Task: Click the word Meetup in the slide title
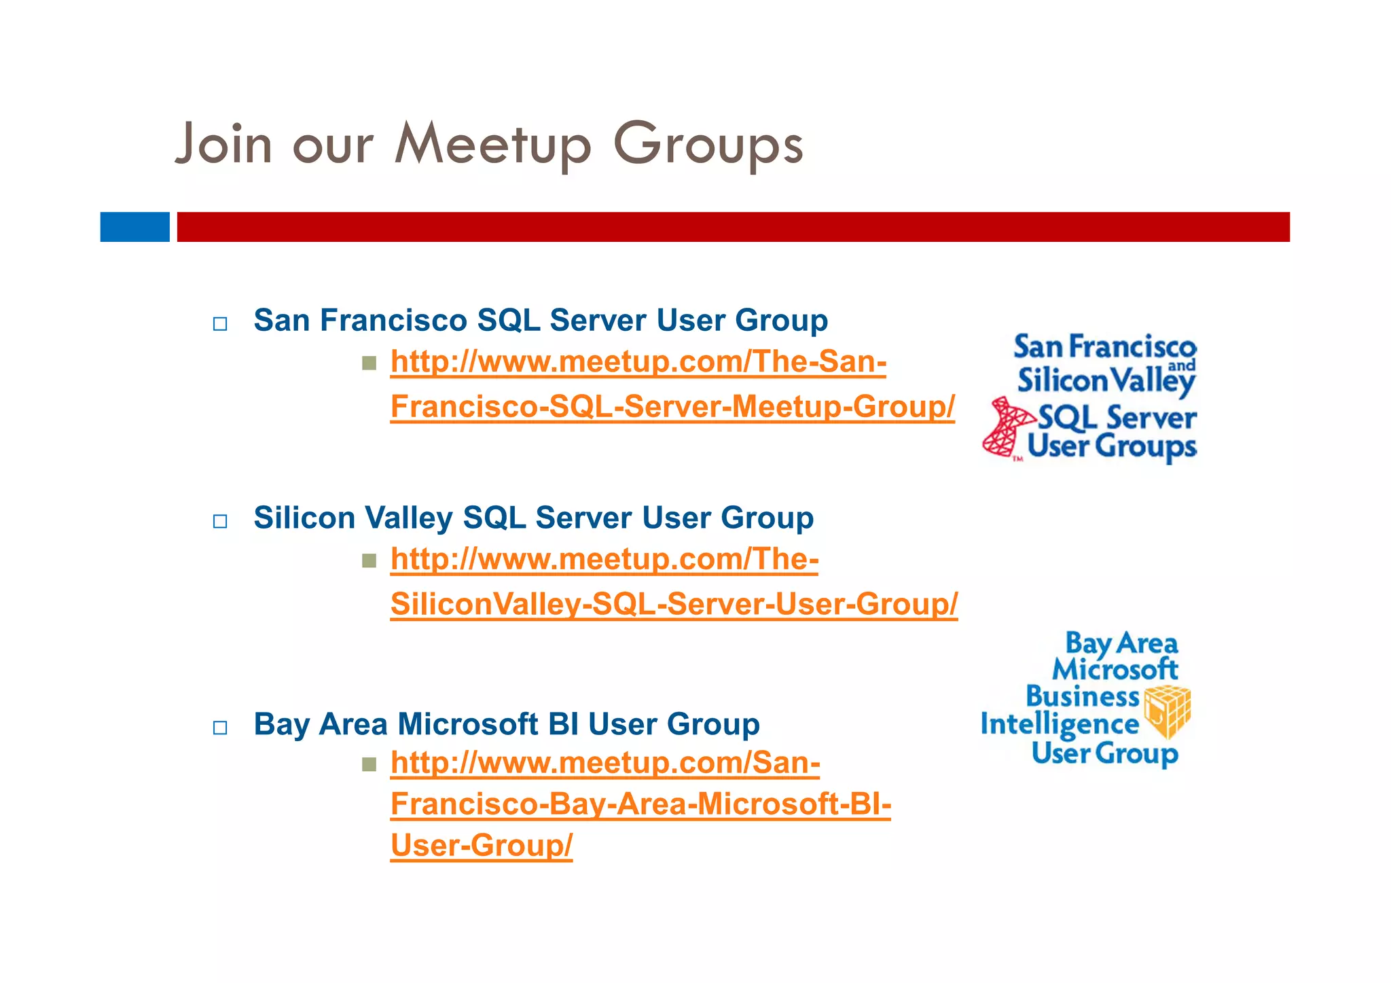click(492, 145)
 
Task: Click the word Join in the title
click(223, 145)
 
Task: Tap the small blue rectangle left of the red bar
click(134, 227)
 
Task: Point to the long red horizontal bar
click(734, 227)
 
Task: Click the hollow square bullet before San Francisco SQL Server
click(220, 324)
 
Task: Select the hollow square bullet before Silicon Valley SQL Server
click(220, 522)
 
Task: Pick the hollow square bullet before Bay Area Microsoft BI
click(220, 728)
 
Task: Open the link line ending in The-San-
click(638, 362)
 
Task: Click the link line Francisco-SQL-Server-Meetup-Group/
click(672, 407)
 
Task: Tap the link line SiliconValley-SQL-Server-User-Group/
click(674, 604)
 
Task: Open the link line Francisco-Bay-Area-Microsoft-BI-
click(640, 804)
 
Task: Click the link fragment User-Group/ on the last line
click(481, 846)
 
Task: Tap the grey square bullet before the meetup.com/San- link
click(369, 765)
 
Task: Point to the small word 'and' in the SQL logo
click(1181, 366)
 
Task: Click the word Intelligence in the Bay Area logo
click(1060, 725)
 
